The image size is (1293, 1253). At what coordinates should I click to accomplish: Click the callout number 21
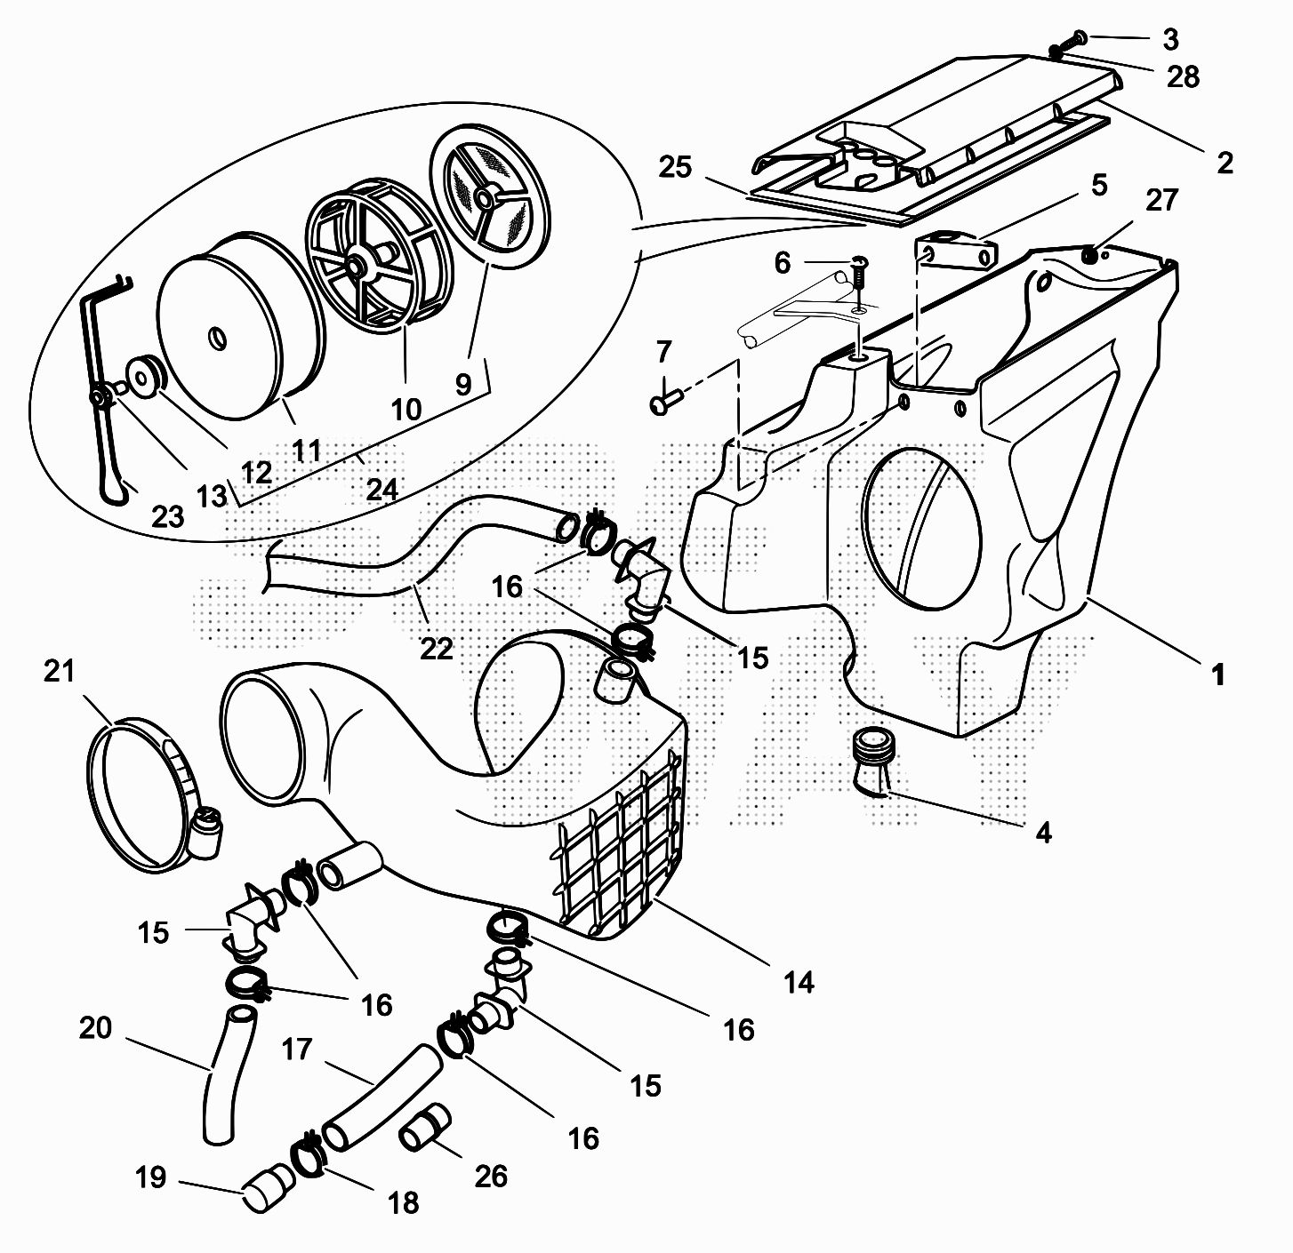click(x=60, y=672)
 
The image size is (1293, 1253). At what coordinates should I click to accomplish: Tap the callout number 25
click(x=676, y=167)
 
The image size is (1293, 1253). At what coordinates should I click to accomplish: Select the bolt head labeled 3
click(x=1076, y=38)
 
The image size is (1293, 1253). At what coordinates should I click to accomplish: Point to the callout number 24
click(x=381, y=488)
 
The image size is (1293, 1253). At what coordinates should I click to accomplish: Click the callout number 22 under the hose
click(x=436, y=648)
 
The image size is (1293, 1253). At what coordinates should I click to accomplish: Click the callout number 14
click(x=799, y=982)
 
